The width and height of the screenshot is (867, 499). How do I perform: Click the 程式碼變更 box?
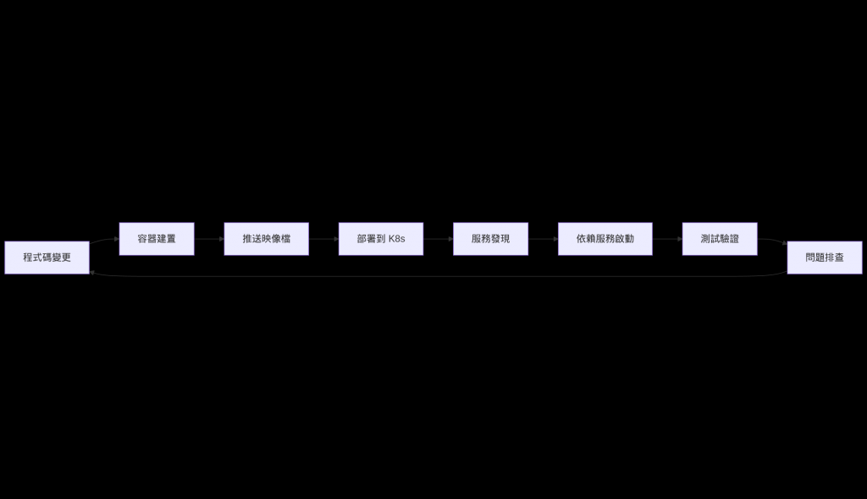click(47, 258)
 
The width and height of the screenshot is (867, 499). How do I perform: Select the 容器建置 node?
click(157, 239)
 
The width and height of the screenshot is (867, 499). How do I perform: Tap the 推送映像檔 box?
click(266, 239)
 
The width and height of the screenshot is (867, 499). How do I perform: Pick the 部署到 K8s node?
click(380, 239)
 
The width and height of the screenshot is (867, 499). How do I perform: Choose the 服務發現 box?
click(490, 239)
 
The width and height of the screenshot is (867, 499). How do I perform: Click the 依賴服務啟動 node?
click(605, 239)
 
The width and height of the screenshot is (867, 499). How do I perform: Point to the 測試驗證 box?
click(720, 239)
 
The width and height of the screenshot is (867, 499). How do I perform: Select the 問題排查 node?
click(824, 258)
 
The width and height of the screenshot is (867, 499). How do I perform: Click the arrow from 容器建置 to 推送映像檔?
click(209, 239)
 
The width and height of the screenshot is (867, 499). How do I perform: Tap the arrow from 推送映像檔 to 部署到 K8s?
click(323, 239)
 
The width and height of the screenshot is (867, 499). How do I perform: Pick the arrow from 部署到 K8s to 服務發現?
click(438, 239)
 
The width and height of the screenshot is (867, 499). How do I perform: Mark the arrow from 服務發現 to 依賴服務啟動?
click(543, 239)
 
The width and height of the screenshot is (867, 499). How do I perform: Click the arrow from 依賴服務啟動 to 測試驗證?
click(667, 239)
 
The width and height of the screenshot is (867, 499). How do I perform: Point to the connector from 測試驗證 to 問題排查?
click(772, 241)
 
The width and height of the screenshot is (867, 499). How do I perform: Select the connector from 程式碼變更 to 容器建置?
click(104, 242)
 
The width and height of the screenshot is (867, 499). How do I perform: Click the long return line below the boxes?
click(438, 276)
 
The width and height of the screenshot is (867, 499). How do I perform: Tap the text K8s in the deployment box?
click(396, 239)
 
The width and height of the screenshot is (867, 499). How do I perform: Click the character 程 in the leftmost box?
click(28, 258)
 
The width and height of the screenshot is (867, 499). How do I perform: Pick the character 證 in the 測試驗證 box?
click(734, 239)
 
